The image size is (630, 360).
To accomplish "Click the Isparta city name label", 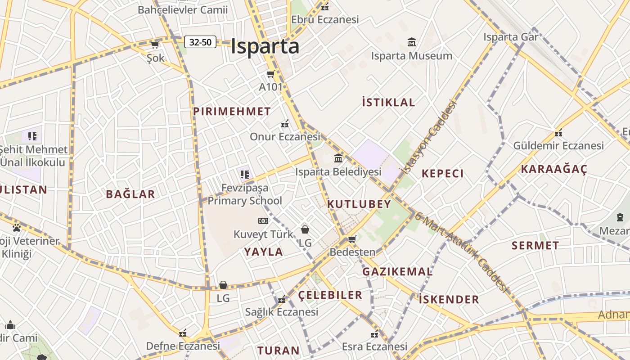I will (265, 47).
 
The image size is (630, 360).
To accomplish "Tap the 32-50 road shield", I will (200, 42).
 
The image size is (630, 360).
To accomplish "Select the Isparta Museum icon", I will (412, 42).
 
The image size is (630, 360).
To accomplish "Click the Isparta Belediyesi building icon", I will (338, 158).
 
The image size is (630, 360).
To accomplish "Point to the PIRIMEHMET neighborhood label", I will (232, 112).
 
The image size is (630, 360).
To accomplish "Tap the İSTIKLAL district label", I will (388, 103).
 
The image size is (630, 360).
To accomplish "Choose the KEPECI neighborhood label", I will (442, 174).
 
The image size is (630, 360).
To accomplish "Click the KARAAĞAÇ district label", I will (554, 169).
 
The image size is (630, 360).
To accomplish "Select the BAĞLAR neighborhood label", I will (130, 194).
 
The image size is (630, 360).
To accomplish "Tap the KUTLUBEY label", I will (359, 204).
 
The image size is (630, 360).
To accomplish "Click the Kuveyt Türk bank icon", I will (263, 221).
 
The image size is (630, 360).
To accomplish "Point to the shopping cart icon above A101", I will (271, 74).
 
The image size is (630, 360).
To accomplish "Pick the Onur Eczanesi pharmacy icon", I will (285, 123).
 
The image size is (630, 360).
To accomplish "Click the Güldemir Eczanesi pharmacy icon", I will (558, 133).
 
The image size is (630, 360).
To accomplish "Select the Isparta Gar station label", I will (511, 37).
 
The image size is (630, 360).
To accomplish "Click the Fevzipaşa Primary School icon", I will (245, 174).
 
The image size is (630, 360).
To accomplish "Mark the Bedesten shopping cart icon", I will (352, 239).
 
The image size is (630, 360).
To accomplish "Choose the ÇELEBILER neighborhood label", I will (330, 295).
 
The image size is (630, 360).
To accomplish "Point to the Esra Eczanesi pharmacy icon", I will (374, 334).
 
